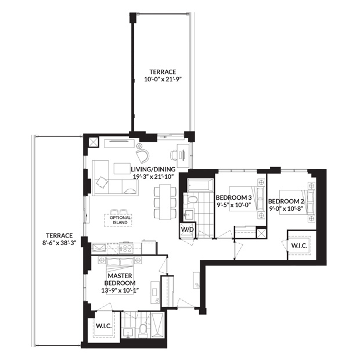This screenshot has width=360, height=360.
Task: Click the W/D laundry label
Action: [x=188, y=229]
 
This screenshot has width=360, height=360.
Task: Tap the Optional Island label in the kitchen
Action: [x=120, y=220]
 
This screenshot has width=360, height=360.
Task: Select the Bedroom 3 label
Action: [x=234, y=197]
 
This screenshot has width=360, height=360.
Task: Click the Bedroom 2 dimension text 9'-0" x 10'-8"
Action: [x=286, y=208]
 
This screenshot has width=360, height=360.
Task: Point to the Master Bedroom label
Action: [x=120, y=279]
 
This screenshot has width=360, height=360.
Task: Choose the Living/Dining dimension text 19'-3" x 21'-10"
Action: [x=153, y=177]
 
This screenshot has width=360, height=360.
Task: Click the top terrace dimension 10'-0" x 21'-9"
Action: [x=163, y=79]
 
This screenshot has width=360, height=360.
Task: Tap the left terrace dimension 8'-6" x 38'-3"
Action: [x=59, y=243]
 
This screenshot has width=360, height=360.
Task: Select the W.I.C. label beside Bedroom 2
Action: [x=299, y=246]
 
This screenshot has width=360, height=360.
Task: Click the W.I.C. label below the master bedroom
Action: [x=104, y=326]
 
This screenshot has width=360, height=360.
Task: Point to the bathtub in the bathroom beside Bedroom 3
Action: [x=200, y=185]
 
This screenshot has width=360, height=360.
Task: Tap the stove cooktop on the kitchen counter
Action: [x=125, y=248]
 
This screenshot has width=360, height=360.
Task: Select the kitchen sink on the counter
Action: [x=99, y=248]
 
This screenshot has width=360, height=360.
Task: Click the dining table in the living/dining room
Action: [x=165, y=201]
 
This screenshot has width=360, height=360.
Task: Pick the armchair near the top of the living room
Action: [x=143, y=156]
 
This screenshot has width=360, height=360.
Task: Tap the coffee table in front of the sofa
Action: [x=122, y=168]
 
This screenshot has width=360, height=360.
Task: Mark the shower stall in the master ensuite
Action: [x=157, y=325]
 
